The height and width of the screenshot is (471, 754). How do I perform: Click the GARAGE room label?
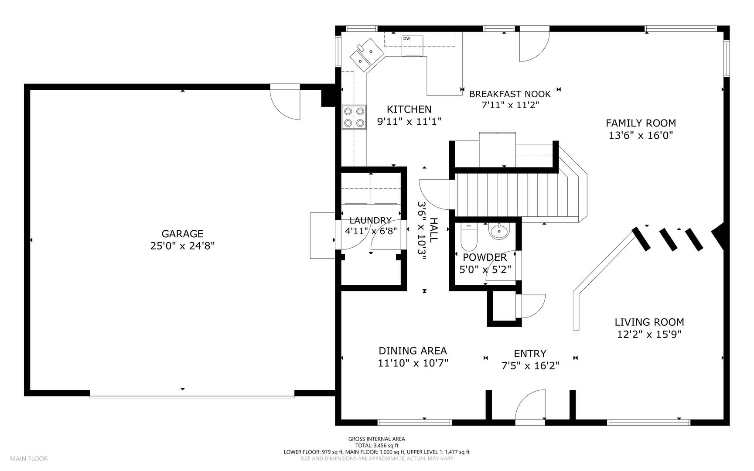pos(182,234)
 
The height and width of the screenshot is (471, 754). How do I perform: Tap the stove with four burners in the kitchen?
pos(354,117)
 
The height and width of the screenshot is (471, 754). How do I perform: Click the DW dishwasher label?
pos(406,38)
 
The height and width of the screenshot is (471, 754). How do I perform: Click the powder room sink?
pos(499,231)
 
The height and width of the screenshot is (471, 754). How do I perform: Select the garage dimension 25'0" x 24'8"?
pos(182,246)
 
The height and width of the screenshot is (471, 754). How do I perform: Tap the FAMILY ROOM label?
pos(641,123)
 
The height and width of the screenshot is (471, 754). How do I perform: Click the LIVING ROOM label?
pos(649,322)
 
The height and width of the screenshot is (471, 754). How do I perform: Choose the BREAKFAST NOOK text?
pos(510,94)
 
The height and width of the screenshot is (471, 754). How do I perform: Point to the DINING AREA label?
pos(413,351)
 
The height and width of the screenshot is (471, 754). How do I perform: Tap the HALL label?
pos(433,230)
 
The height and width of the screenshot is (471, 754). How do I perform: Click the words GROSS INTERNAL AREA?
pos(376,439)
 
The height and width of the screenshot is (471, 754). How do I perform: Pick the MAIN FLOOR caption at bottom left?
pos(29,459)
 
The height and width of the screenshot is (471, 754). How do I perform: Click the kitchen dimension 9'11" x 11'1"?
pos(409,122)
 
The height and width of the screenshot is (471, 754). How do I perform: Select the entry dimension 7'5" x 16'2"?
pos(530,365)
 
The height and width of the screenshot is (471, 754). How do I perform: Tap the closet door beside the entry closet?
pos(530,306)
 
